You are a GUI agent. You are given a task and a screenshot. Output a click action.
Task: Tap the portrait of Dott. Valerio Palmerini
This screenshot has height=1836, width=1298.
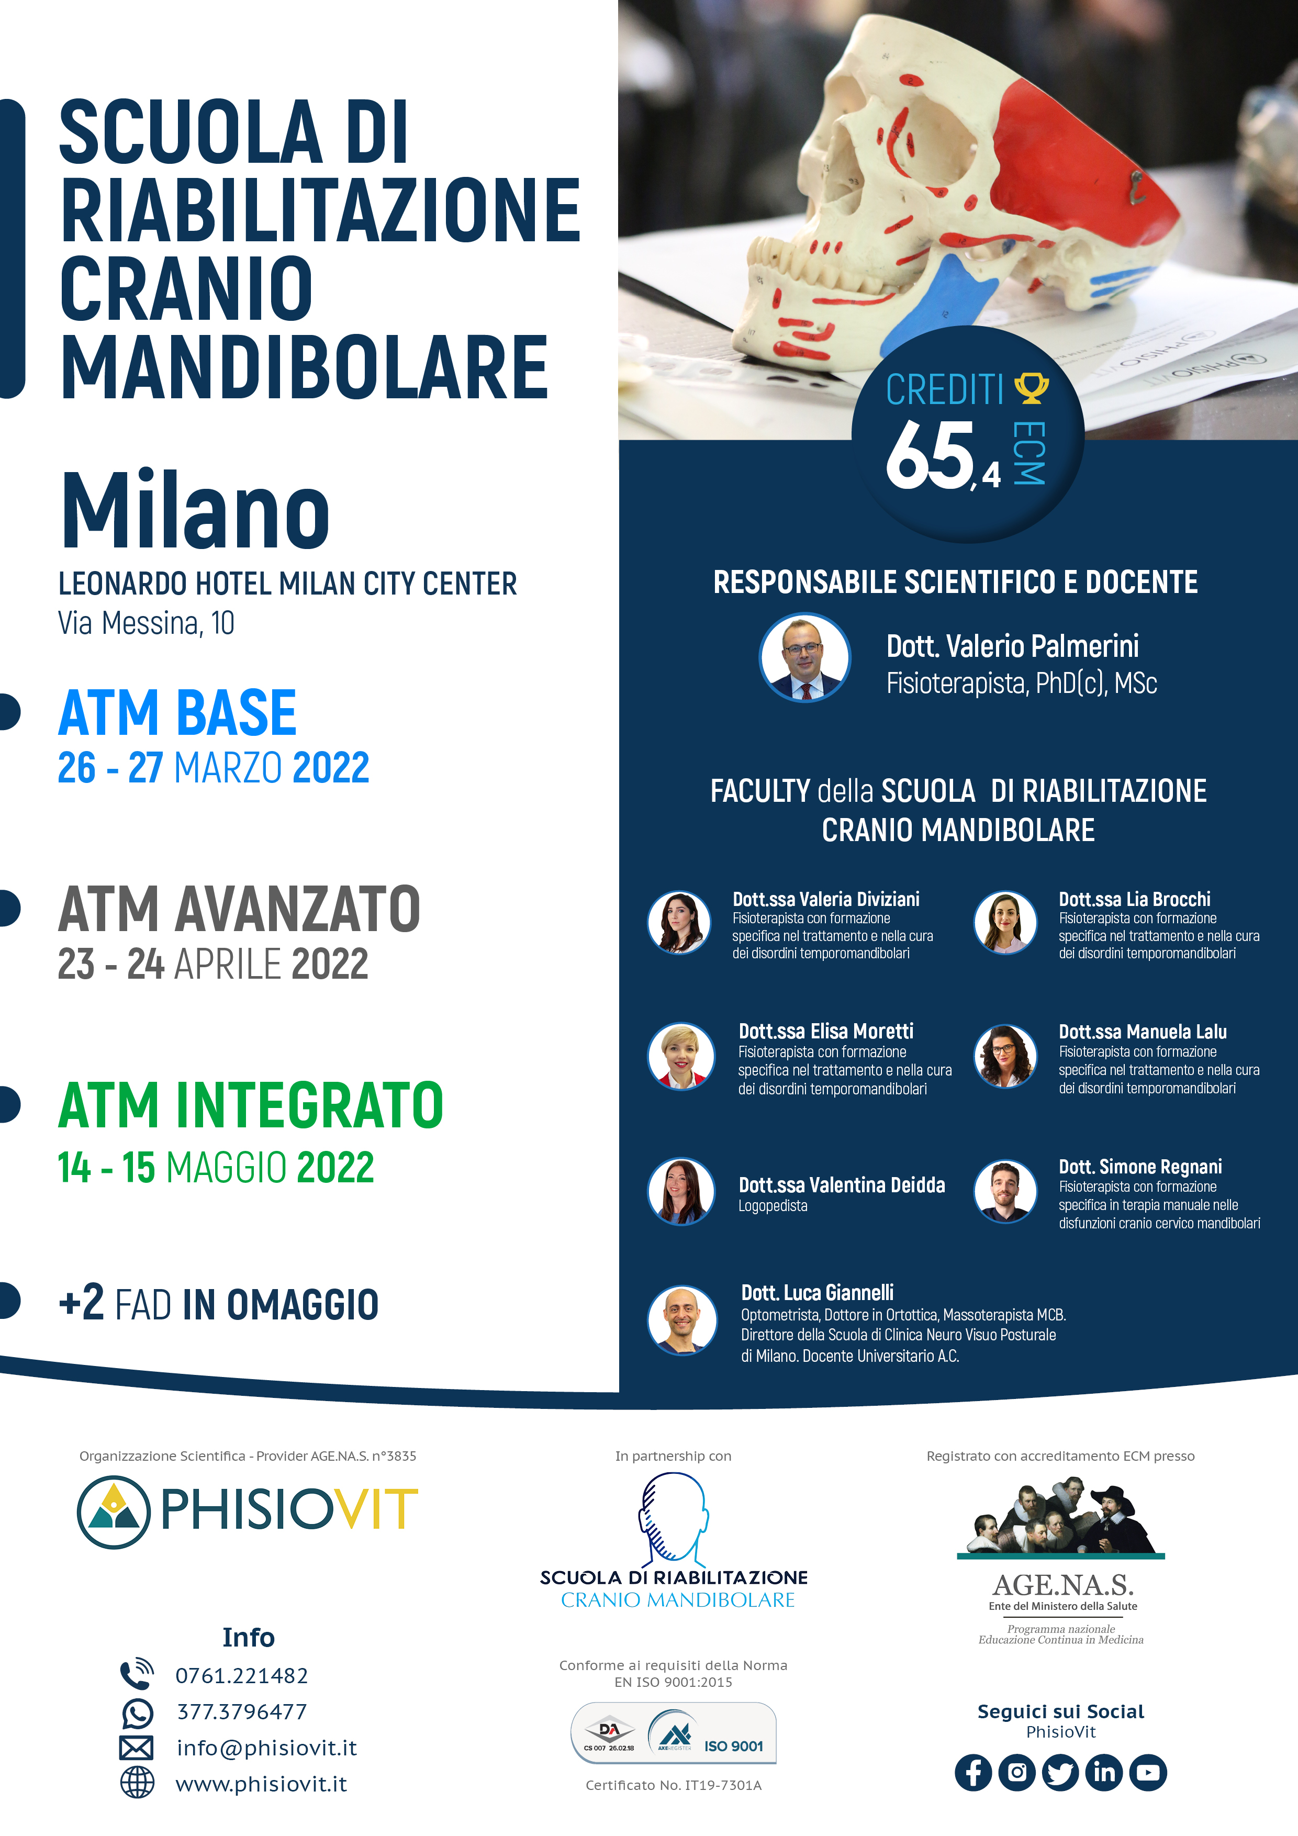(804, 658)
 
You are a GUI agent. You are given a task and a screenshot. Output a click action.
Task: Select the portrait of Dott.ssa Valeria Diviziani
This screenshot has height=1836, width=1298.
(679, 923)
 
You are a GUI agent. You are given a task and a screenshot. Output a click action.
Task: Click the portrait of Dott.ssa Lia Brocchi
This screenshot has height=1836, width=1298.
(1005, 922)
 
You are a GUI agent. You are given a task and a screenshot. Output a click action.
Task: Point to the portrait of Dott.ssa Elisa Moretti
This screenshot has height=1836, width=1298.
(680, 1056)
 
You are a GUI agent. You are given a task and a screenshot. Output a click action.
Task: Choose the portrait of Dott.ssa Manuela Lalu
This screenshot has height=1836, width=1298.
(1005, 1056)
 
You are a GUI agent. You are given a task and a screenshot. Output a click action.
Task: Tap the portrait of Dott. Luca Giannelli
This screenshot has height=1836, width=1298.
(682, 1319)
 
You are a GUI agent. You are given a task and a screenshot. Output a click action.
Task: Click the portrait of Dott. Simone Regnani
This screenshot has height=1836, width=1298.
(1005, 1192)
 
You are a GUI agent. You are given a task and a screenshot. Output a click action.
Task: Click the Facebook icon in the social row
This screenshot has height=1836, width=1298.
(974, 1773)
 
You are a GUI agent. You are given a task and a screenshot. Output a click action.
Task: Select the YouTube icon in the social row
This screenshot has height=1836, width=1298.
(1148, 1773)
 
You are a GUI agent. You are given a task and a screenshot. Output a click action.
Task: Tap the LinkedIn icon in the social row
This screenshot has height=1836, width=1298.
(1104, 1773)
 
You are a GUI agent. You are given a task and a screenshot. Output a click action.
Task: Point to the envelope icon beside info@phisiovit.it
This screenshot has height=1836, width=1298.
(136, 1748)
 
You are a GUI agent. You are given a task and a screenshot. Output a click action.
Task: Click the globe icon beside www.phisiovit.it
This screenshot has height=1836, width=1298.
(137, 1783)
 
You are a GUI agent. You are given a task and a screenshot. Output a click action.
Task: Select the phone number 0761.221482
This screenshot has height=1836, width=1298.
(241, 1676)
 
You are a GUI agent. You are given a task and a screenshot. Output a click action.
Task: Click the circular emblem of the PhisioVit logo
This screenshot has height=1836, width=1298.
(114, 1512)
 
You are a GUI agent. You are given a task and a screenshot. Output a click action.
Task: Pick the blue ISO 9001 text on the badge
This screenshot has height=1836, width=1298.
(733, 1747)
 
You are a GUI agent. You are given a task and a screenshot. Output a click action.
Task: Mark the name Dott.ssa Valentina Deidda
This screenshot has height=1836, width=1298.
(841, 1185)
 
